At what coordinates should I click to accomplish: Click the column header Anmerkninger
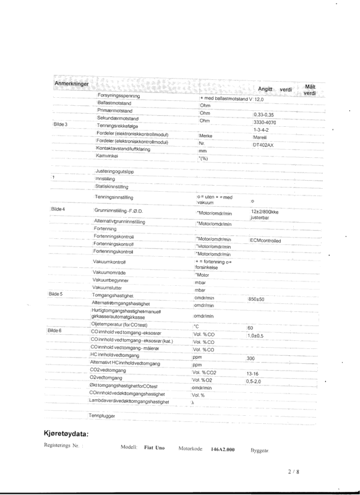point(72,83)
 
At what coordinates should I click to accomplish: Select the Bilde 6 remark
point(56,331)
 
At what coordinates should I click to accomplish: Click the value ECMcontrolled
point(266,240)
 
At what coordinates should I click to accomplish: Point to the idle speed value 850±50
point(257,299)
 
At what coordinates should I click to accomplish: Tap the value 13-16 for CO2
point(252,374)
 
